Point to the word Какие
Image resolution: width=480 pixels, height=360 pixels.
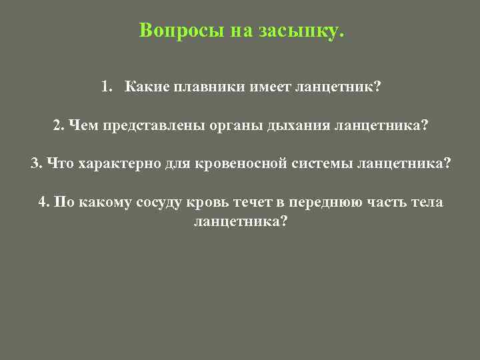point(145,87)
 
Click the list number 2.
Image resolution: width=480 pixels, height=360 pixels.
point(57,125)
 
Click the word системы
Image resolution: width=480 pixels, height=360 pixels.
point(320,164)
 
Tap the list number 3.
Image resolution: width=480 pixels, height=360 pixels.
point(35,164)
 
